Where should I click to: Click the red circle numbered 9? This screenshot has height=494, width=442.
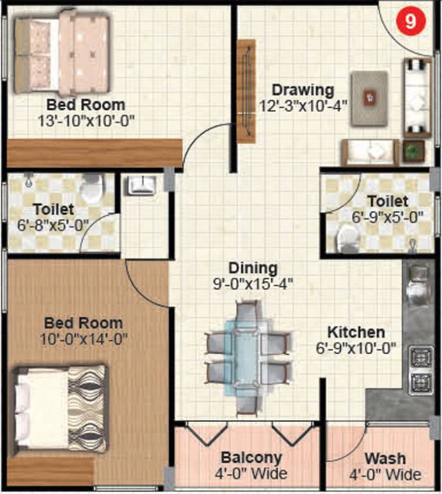click(411, 21)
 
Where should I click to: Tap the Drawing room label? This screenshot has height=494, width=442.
click(302, 89)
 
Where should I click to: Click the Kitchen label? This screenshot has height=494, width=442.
click(356, 333)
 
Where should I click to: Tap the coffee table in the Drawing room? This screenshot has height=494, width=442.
click(369, 97)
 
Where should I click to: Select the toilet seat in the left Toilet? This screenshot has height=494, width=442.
click(94, 187)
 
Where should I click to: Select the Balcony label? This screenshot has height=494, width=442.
click(252, 458)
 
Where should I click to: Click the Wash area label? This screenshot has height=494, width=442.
click(385, 459)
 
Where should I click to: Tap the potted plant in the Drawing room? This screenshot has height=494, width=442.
click(411, 152)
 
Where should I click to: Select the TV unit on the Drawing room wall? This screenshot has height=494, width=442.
click(245, 91)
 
